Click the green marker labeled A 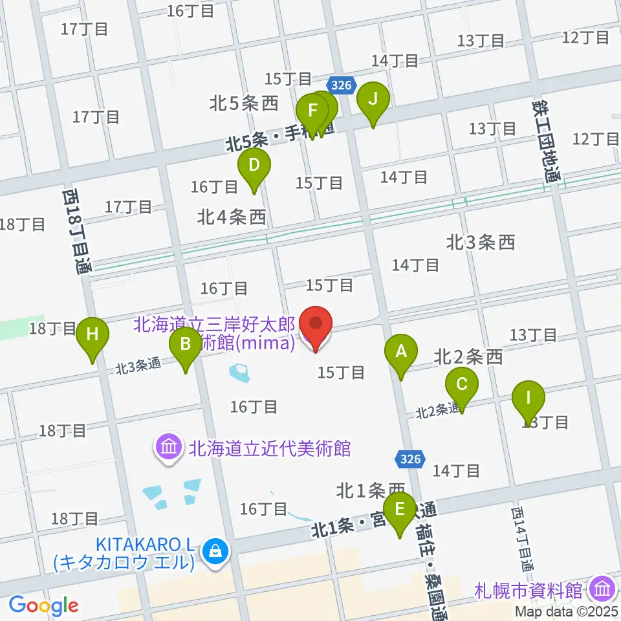[x=401, y=353]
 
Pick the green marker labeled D [x=254, y=166]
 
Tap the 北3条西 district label [x=481, y=243]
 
